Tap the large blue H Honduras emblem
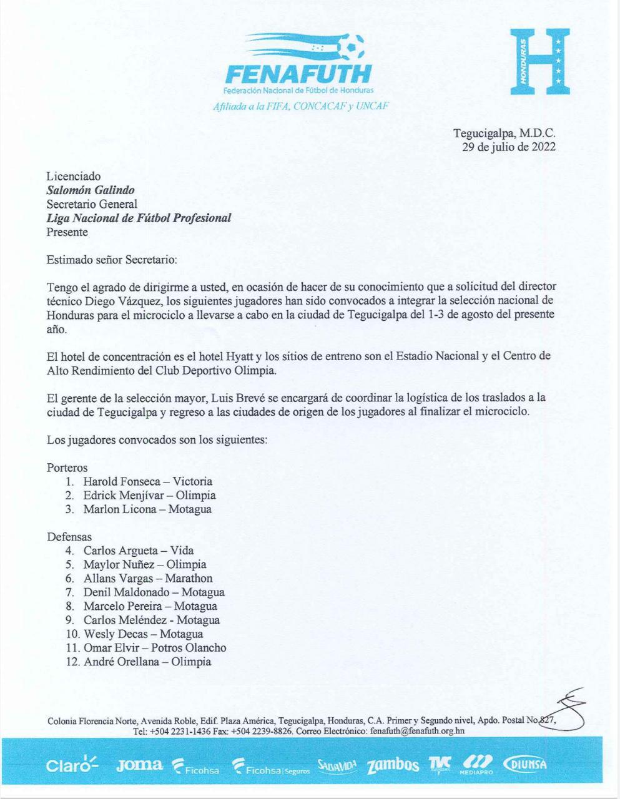(539, 62)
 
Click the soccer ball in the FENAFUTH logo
(350, 46)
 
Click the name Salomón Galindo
(91, 190)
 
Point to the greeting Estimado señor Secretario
(112, 259)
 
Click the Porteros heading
(67, 468)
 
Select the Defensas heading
(69, 537)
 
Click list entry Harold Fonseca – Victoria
(148, 482)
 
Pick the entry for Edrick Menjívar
(149, 496)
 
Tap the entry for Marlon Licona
(147, 509)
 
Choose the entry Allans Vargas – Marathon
(148, 579)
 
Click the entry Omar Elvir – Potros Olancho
(155, 648)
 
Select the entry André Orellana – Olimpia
(147, 662)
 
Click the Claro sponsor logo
(72, 765)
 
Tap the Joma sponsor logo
(139, 765)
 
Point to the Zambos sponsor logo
(393, 765)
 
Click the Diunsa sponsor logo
(525, 765)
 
